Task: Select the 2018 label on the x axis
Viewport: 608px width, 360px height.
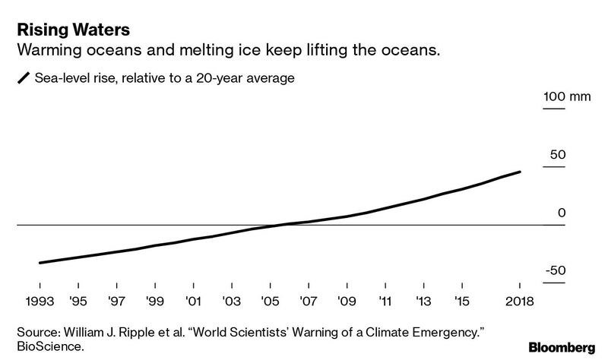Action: (519, 302)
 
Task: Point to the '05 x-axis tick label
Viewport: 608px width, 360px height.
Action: (269, 302)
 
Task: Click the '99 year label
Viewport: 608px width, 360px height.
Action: (154, 302)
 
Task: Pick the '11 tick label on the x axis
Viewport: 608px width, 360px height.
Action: (385, 302)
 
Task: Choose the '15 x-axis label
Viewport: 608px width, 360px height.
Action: (461, 302)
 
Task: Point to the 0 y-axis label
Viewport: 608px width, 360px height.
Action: (562, 213)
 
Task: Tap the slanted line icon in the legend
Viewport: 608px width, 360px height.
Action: (24, 78)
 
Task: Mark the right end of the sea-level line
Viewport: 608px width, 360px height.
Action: (521, 172)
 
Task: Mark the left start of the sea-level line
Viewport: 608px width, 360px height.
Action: (39, 263)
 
